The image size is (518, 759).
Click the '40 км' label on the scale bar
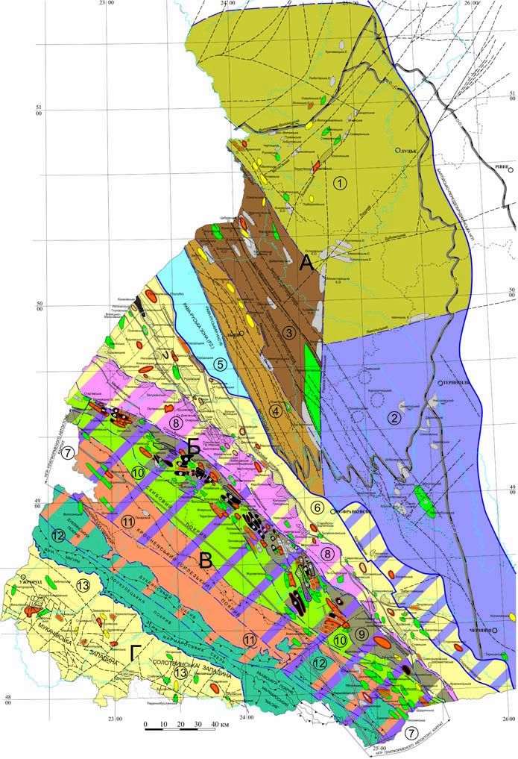coord(220,724)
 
